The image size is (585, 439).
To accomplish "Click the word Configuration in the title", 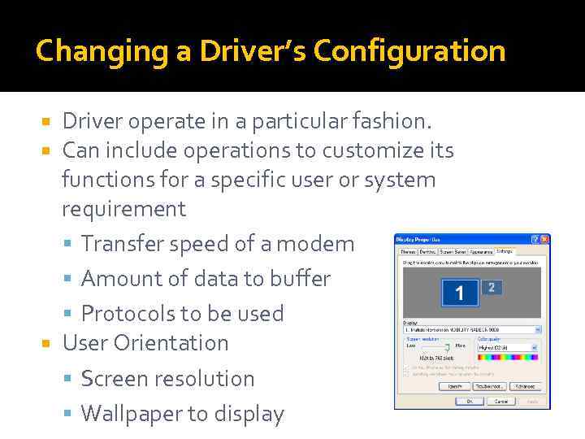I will point(409,52).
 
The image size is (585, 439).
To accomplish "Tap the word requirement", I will point(123,209).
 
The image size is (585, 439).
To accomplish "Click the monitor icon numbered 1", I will point(460,293).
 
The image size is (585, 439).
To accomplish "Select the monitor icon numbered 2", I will point(491,287).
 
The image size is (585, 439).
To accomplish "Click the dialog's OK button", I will point(470,401).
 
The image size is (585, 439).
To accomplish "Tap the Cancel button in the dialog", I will point(500,401).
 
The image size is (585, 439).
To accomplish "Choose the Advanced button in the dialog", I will point(528,386).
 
